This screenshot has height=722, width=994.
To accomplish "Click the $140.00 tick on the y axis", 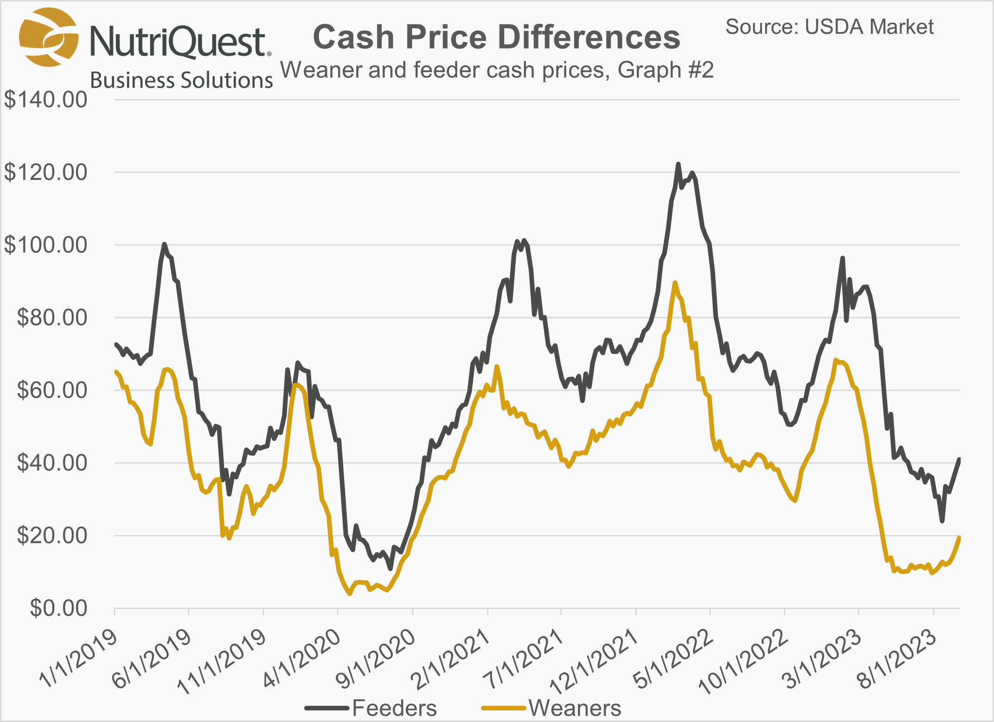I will click(45, 100).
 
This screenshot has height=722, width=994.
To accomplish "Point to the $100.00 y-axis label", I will click(45, 245).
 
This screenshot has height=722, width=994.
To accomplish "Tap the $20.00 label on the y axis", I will click(52, 536).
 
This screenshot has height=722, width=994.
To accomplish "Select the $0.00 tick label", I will click(58, 608).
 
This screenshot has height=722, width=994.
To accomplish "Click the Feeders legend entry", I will click(394, 708).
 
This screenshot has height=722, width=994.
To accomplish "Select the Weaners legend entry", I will click(575, 708).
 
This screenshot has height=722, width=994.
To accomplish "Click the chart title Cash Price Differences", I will click(496, 37).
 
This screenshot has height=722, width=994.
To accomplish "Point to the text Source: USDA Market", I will click(829, 27).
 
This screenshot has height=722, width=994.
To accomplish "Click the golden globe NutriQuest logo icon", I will click(48, 37).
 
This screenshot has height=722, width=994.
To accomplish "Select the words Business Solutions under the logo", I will click(181, 80).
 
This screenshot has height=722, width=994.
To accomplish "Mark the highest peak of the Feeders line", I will click(678, 164).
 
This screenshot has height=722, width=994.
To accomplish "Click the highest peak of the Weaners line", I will click(675, 283).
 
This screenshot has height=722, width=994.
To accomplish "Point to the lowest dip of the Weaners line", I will click(350, 594).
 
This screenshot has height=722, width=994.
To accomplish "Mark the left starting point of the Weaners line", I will click(115, 371).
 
